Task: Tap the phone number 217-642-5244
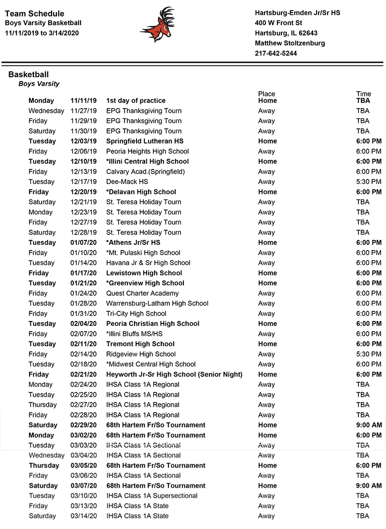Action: [x=276, y=53]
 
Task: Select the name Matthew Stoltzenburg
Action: [x=289, y=43]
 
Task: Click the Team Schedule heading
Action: [x=34, y=14]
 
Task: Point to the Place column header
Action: [x=266, y=94]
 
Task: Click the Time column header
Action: [x=364, y=94]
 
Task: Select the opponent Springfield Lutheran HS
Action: [x=145, y=141]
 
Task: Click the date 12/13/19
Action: [x=83, y=171]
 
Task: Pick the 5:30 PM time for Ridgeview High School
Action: [x=369, y=354]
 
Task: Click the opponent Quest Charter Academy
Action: [x=142, y=293]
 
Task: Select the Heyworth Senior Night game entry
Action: [x=174, y=374]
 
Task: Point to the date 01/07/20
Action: [x=83, y=242]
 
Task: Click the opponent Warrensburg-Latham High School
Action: [x=157, y=303]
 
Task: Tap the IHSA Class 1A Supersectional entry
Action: [x=152, y=496]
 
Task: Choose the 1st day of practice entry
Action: [x=136, y=100]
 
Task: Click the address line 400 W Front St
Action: [x=278, y=23]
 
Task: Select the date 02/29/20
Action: [x=83, y=425]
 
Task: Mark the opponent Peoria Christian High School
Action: [x=152, y=323]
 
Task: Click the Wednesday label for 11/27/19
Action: [x=46, y=111]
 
